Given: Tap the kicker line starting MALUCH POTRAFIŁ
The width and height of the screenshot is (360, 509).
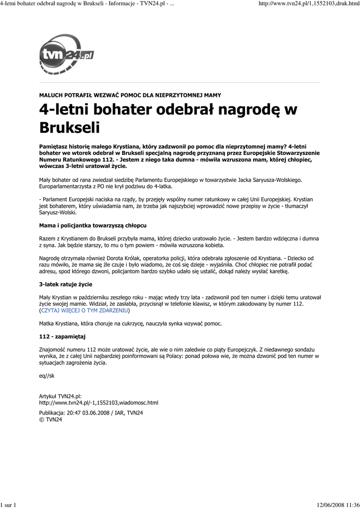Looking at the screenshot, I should [130, 95].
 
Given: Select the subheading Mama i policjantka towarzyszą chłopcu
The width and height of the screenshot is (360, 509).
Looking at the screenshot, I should [92, 225].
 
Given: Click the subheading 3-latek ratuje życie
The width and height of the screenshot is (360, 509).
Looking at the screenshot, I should [66, 284].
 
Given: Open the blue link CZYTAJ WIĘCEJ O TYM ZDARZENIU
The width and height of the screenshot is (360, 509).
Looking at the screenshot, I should [85, 310].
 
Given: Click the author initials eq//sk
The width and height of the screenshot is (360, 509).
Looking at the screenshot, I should [47, 376].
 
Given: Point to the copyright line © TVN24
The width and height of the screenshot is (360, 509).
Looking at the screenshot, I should [51, 420].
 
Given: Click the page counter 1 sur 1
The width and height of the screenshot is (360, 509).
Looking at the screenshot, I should [9, 506].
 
